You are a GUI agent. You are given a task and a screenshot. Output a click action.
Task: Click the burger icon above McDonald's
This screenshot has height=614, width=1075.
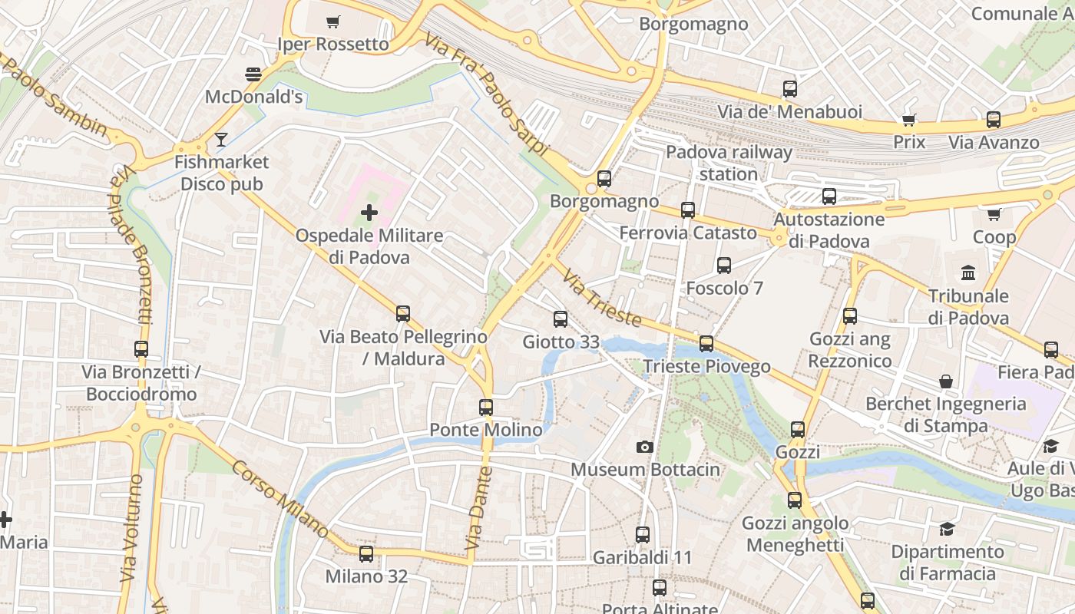[253, 74]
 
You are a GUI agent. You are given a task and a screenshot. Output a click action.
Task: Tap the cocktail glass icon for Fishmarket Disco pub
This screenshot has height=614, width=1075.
[221, 139]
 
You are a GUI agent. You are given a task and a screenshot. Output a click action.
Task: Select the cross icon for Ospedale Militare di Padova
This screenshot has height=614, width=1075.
[369, 213]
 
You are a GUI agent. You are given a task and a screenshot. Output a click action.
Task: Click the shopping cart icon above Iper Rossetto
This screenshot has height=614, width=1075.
[333, 21]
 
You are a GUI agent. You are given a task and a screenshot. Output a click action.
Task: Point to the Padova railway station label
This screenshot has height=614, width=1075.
[728, 163]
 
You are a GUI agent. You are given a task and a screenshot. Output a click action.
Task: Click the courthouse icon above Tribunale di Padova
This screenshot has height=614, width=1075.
[968, 272]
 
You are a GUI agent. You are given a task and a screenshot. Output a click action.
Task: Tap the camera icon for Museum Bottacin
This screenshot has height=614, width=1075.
[645, 447]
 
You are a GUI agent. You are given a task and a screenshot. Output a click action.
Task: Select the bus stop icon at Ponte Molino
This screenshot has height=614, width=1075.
[486, 408]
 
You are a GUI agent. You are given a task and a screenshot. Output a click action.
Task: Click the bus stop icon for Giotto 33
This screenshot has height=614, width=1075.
[561, 319]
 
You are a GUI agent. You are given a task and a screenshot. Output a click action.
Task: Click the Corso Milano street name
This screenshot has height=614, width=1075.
[280, 499]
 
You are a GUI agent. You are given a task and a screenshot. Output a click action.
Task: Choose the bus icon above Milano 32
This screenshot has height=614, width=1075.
[366, 553]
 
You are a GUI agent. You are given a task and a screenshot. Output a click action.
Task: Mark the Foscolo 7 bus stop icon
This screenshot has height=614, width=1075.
[724, 266]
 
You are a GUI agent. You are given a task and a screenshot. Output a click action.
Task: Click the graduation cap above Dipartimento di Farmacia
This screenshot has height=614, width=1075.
[947, 529]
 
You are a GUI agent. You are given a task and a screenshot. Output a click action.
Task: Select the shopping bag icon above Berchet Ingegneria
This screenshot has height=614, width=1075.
[946, 381]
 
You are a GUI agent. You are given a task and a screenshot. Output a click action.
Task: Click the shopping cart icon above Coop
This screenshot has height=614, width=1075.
[994, 214]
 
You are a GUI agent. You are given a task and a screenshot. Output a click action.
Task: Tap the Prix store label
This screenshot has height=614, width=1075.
[909, 142]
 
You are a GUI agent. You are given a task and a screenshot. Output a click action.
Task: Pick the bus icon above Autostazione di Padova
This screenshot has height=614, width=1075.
[829, 196]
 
